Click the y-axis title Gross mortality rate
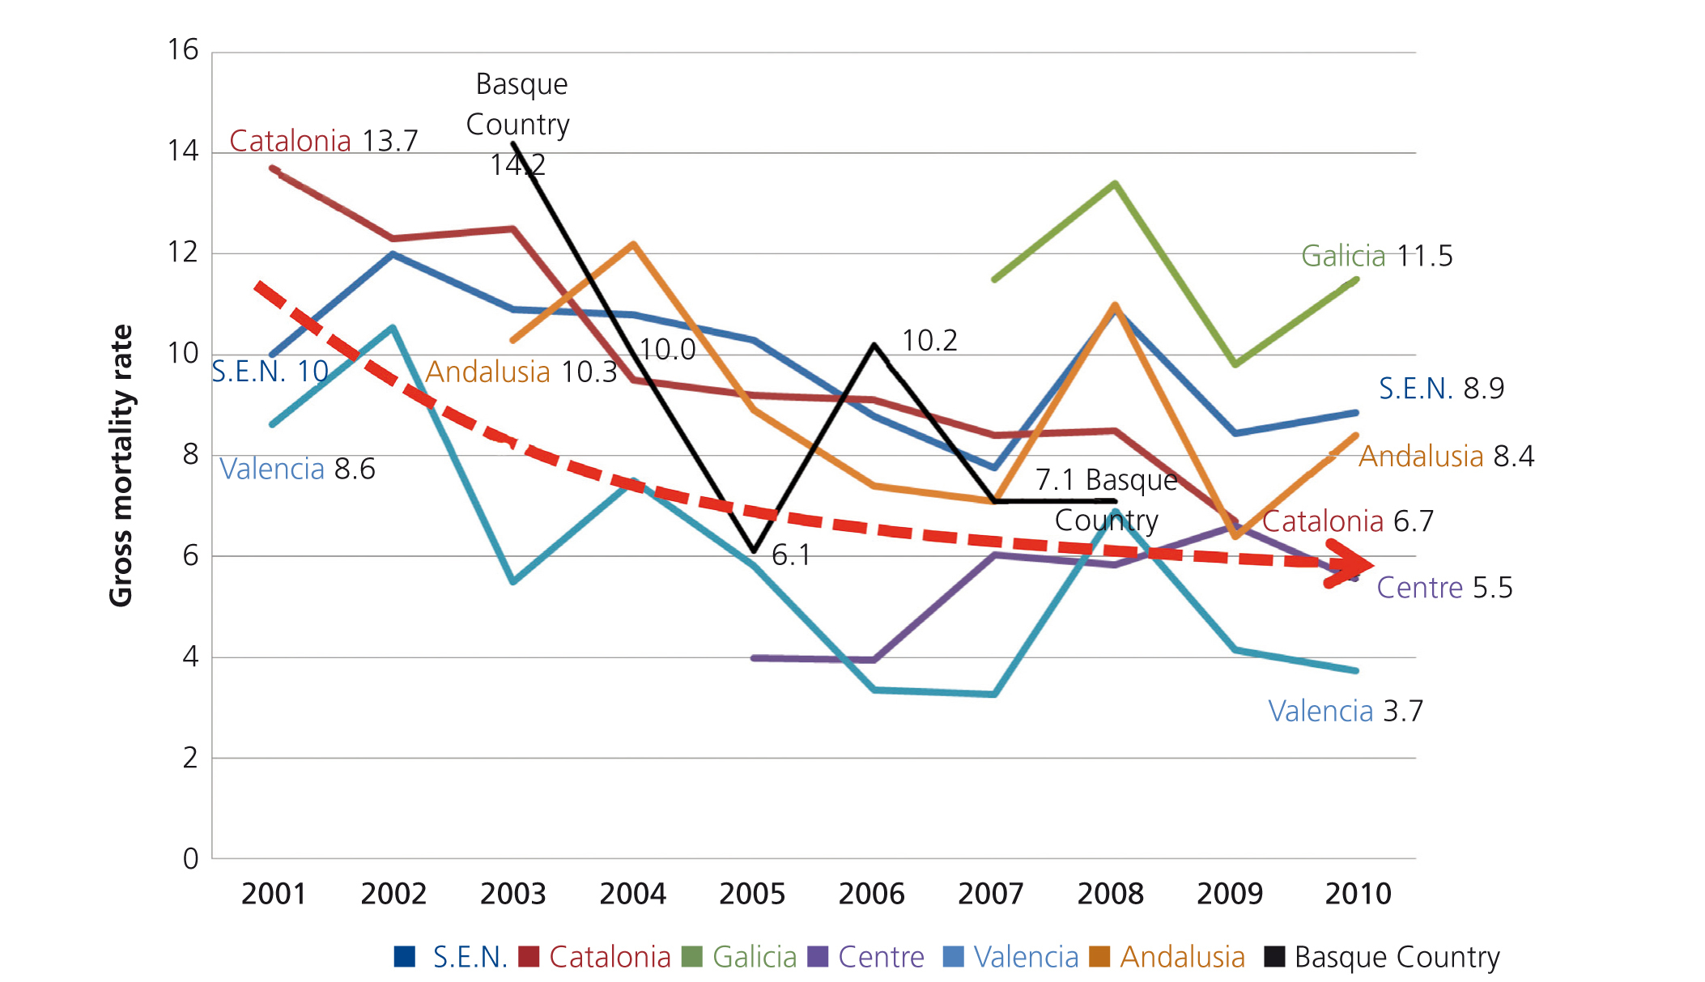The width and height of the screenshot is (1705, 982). (121, 465)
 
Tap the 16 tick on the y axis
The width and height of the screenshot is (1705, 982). (183, 50)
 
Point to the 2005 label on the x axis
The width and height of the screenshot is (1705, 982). (752, 894)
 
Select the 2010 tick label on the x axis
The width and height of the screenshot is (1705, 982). (1358, 894)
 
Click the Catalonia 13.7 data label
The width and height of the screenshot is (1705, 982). (323, 141)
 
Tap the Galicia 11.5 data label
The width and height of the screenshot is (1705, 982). (1376, 256)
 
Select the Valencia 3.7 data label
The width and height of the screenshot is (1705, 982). (1345, 711)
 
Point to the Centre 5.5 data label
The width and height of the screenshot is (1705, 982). (1444, 588)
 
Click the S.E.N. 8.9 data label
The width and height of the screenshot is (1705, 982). (1441, 389)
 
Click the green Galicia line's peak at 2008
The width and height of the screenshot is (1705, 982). (1115, 184)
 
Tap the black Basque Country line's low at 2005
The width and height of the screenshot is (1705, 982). (754, 551)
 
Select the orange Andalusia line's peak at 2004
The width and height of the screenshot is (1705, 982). (632, 244)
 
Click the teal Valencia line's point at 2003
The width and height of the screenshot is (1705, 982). (513, 581)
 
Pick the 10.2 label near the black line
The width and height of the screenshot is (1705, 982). (929, 341)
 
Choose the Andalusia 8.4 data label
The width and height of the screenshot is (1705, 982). (1446, 457)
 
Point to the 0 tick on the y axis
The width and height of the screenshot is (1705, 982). (190, 858)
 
